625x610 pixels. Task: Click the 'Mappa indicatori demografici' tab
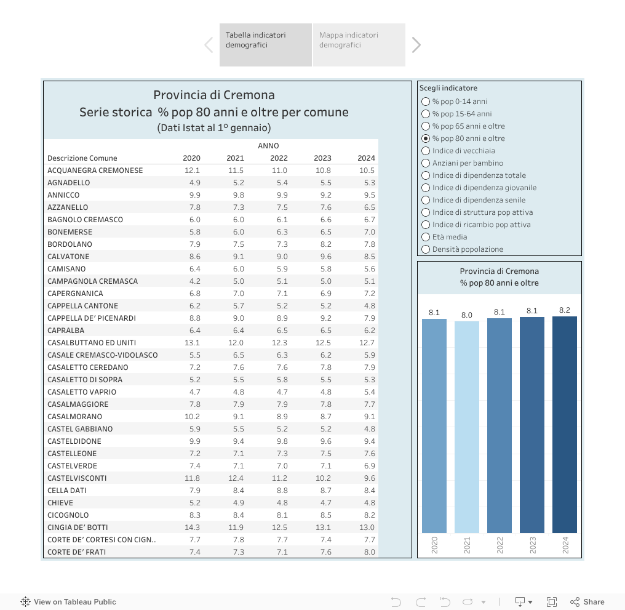click(x=359, y=44)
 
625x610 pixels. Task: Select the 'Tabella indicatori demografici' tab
click(x=265, y=44)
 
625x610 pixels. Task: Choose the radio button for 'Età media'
click(x=426, y=237)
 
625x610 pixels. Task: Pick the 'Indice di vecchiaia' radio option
click(x=426, y=151)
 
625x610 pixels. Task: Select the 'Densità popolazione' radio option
click(x=426, y=249)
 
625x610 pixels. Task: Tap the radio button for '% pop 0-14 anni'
click(x=426, y=102)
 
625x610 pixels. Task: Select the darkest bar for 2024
click(x=565, y=424)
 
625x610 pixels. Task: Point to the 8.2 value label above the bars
click(x=565, y=310)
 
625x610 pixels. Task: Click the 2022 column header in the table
click(x=279, y=158)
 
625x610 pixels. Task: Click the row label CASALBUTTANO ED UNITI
click(x=92, y=343)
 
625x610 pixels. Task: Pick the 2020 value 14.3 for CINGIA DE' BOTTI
click(x=192, y=528)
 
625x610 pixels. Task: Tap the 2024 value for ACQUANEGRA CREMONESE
click(x=367, y=171)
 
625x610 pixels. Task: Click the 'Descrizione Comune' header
click(x=82, y=158)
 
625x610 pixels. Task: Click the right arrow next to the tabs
click(x=416, y=44)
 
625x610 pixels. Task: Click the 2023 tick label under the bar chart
click(x=532, y=545)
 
